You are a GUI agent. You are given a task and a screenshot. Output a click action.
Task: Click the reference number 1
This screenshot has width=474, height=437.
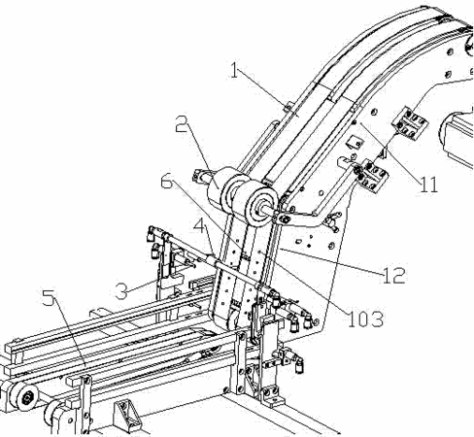[234, 70]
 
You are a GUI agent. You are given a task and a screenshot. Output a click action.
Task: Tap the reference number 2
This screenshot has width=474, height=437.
[182, 123]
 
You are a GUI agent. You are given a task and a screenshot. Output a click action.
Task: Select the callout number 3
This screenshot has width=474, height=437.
[121, 291]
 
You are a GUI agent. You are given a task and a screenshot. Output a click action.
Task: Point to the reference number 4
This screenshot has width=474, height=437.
[199, 224]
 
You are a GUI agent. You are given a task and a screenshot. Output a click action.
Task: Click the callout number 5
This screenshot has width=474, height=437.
[49, 297]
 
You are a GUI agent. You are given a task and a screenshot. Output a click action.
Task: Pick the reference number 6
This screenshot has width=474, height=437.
[167, 182]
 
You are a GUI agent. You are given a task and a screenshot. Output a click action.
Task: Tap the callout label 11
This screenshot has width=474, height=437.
[428, 185]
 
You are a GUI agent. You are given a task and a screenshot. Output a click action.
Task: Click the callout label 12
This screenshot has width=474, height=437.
[393, 276]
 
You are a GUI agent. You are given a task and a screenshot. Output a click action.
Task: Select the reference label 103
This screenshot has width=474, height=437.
[365, 319]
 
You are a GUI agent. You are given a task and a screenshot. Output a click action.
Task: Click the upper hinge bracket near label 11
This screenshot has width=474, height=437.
[410, 123]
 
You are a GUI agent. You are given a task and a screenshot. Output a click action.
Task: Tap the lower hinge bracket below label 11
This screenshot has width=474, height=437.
[371, 176]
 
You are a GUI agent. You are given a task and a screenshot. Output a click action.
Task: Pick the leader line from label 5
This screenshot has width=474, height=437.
[70, 332]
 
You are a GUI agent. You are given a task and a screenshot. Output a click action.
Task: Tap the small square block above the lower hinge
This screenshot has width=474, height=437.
[353, 142]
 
